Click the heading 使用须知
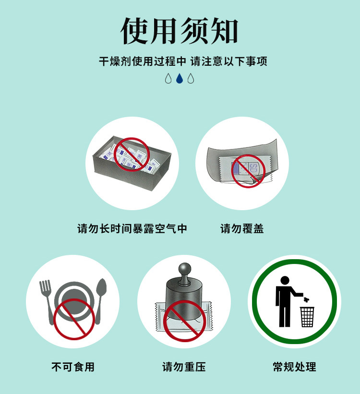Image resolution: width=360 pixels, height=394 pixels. (180, 31)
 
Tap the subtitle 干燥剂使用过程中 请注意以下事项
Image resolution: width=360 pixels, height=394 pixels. (183, 61)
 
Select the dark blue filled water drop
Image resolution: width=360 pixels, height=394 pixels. (180, 78)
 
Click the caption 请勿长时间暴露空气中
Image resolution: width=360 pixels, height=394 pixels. (132, 228)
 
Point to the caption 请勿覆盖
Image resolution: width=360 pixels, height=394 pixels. (242, 228)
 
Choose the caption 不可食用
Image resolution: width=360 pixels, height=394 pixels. (73, 367)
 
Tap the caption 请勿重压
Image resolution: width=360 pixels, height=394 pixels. (184, 367)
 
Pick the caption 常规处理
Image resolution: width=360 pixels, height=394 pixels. (294, 367)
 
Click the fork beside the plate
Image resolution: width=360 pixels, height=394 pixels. (47, 301)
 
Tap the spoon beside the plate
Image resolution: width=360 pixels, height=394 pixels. (100, 300)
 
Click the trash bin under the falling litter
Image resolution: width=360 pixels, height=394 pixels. (307, 317)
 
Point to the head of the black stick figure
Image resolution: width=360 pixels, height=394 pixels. (285, 280)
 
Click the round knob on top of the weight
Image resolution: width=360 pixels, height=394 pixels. (185, 269)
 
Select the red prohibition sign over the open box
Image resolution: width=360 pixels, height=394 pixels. (132, 155)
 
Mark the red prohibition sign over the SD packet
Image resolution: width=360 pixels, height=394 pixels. (248, 171)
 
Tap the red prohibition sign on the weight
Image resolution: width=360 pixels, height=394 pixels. (185, 321)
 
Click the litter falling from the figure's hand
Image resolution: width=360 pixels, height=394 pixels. (306, 299)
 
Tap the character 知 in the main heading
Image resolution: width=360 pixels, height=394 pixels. (224, 31)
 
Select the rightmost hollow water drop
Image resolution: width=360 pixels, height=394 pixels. (191, 78)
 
